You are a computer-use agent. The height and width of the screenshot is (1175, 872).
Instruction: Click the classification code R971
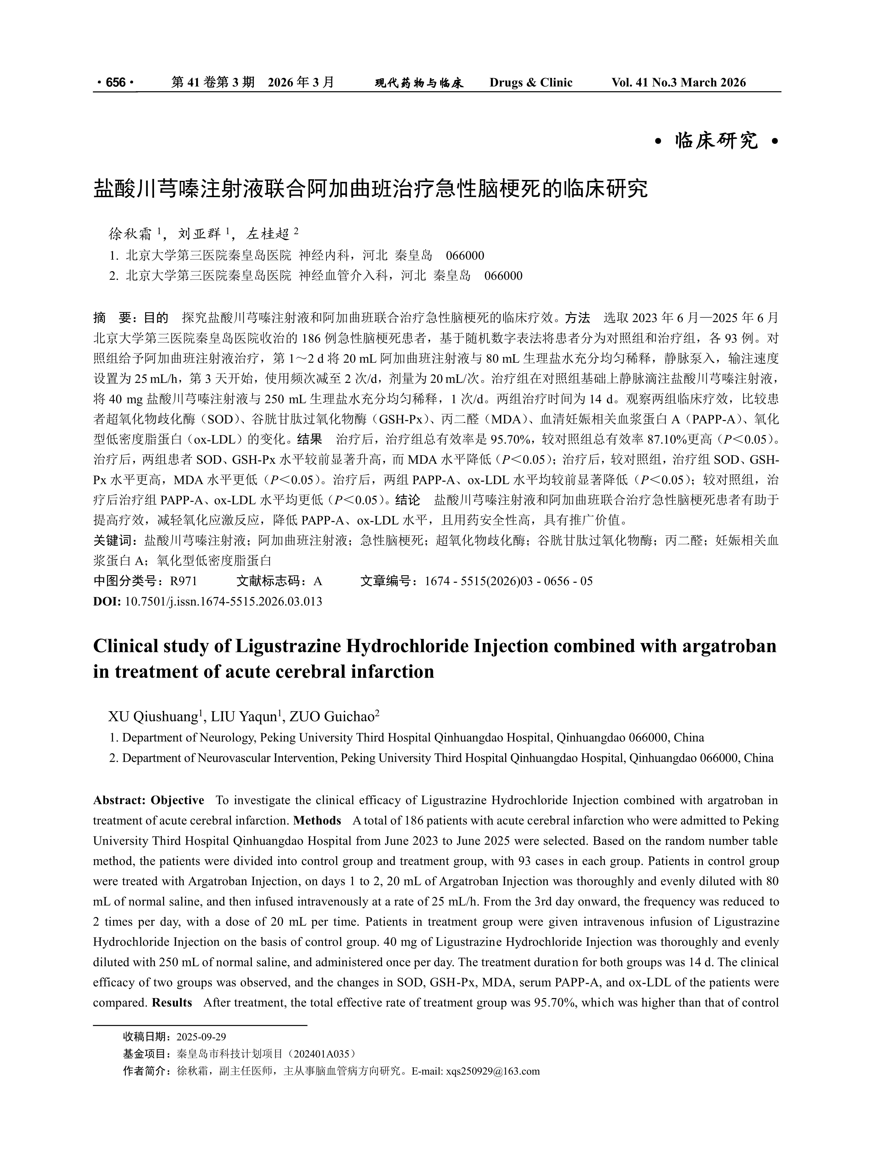(x=183, y=581)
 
